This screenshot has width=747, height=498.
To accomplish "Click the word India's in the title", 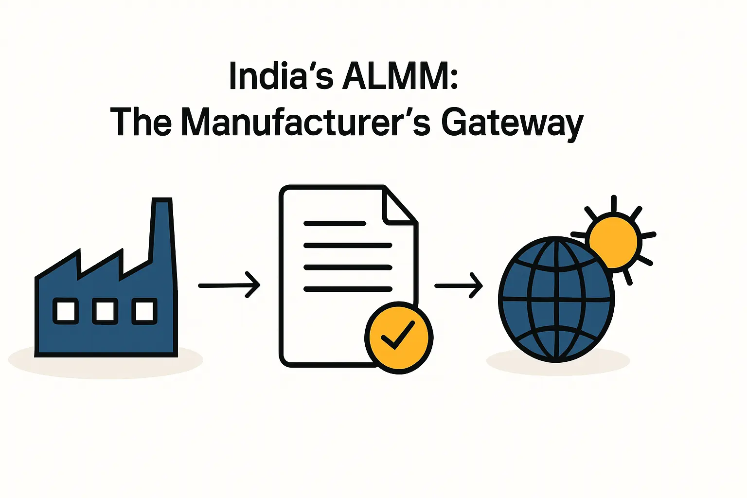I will click(281, 77).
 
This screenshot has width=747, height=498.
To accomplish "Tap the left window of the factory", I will click(66, 311).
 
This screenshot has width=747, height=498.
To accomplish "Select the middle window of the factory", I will click(105, 311).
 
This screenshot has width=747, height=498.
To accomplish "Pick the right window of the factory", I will click(144, 311).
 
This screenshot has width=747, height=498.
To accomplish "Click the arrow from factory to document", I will click(229, 285).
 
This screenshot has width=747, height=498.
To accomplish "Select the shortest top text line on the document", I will click(335, 223).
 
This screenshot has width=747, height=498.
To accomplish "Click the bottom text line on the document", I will click(348, 289).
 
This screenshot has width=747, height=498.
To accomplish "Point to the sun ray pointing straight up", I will click(614, 203).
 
